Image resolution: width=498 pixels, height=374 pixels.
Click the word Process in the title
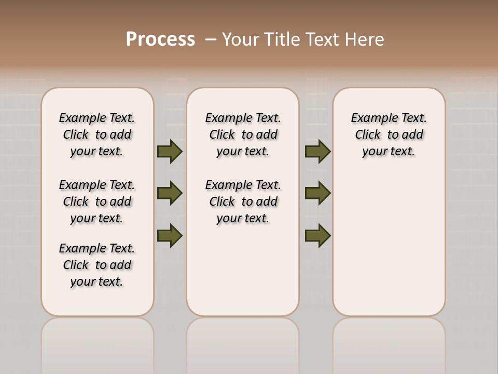[x=160, y=39]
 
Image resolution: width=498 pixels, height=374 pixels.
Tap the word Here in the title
[x=364, y=39]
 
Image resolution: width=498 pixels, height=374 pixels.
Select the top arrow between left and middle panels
[x=170, y=152]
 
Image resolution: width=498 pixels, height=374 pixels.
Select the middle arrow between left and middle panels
[x=170, y=193]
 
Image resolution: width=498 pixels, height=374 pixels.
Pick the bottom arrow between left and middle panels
[x=170, y=235]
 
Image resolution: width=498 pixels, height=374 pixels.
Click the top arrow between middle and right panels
[x=317, y=152]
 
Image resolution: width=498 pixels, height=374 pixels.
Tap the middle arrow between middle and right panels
[x=317, y=193]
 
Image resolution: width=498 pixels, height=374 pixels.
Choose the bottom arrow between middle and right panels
[x=317, y=235]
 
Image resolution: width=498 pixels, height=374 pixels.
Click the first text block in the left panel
[x=97, y=135]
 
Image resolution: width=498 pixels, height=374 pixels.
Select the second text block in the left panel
[x=97, y=202]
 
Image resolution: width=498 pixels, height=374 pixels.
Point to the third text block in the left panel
[x=97, y=265]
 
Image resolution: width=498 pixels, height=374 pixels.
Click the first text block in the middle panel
[x=243, y=135]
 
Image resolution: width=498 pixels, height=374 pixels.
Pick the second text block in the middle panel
[x=243, y=202]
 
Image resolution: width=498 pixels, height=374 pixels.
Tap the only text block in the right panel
[x=389, y=135]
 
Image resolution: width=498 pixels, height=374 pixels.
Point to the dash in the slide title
[x=211, y=39]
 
